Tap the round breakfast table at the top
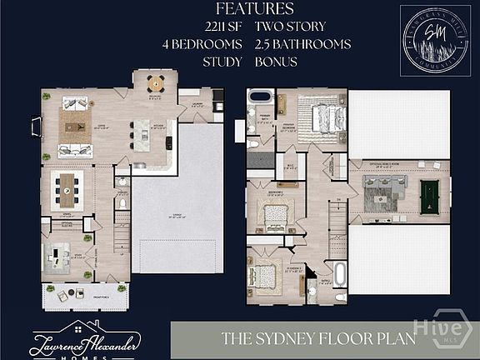tap(154, 83)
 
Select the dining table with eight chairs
tap(67, 190)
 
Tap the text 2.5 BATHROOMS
tap(302, 44)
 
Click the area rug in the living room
tap(74, 127)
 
